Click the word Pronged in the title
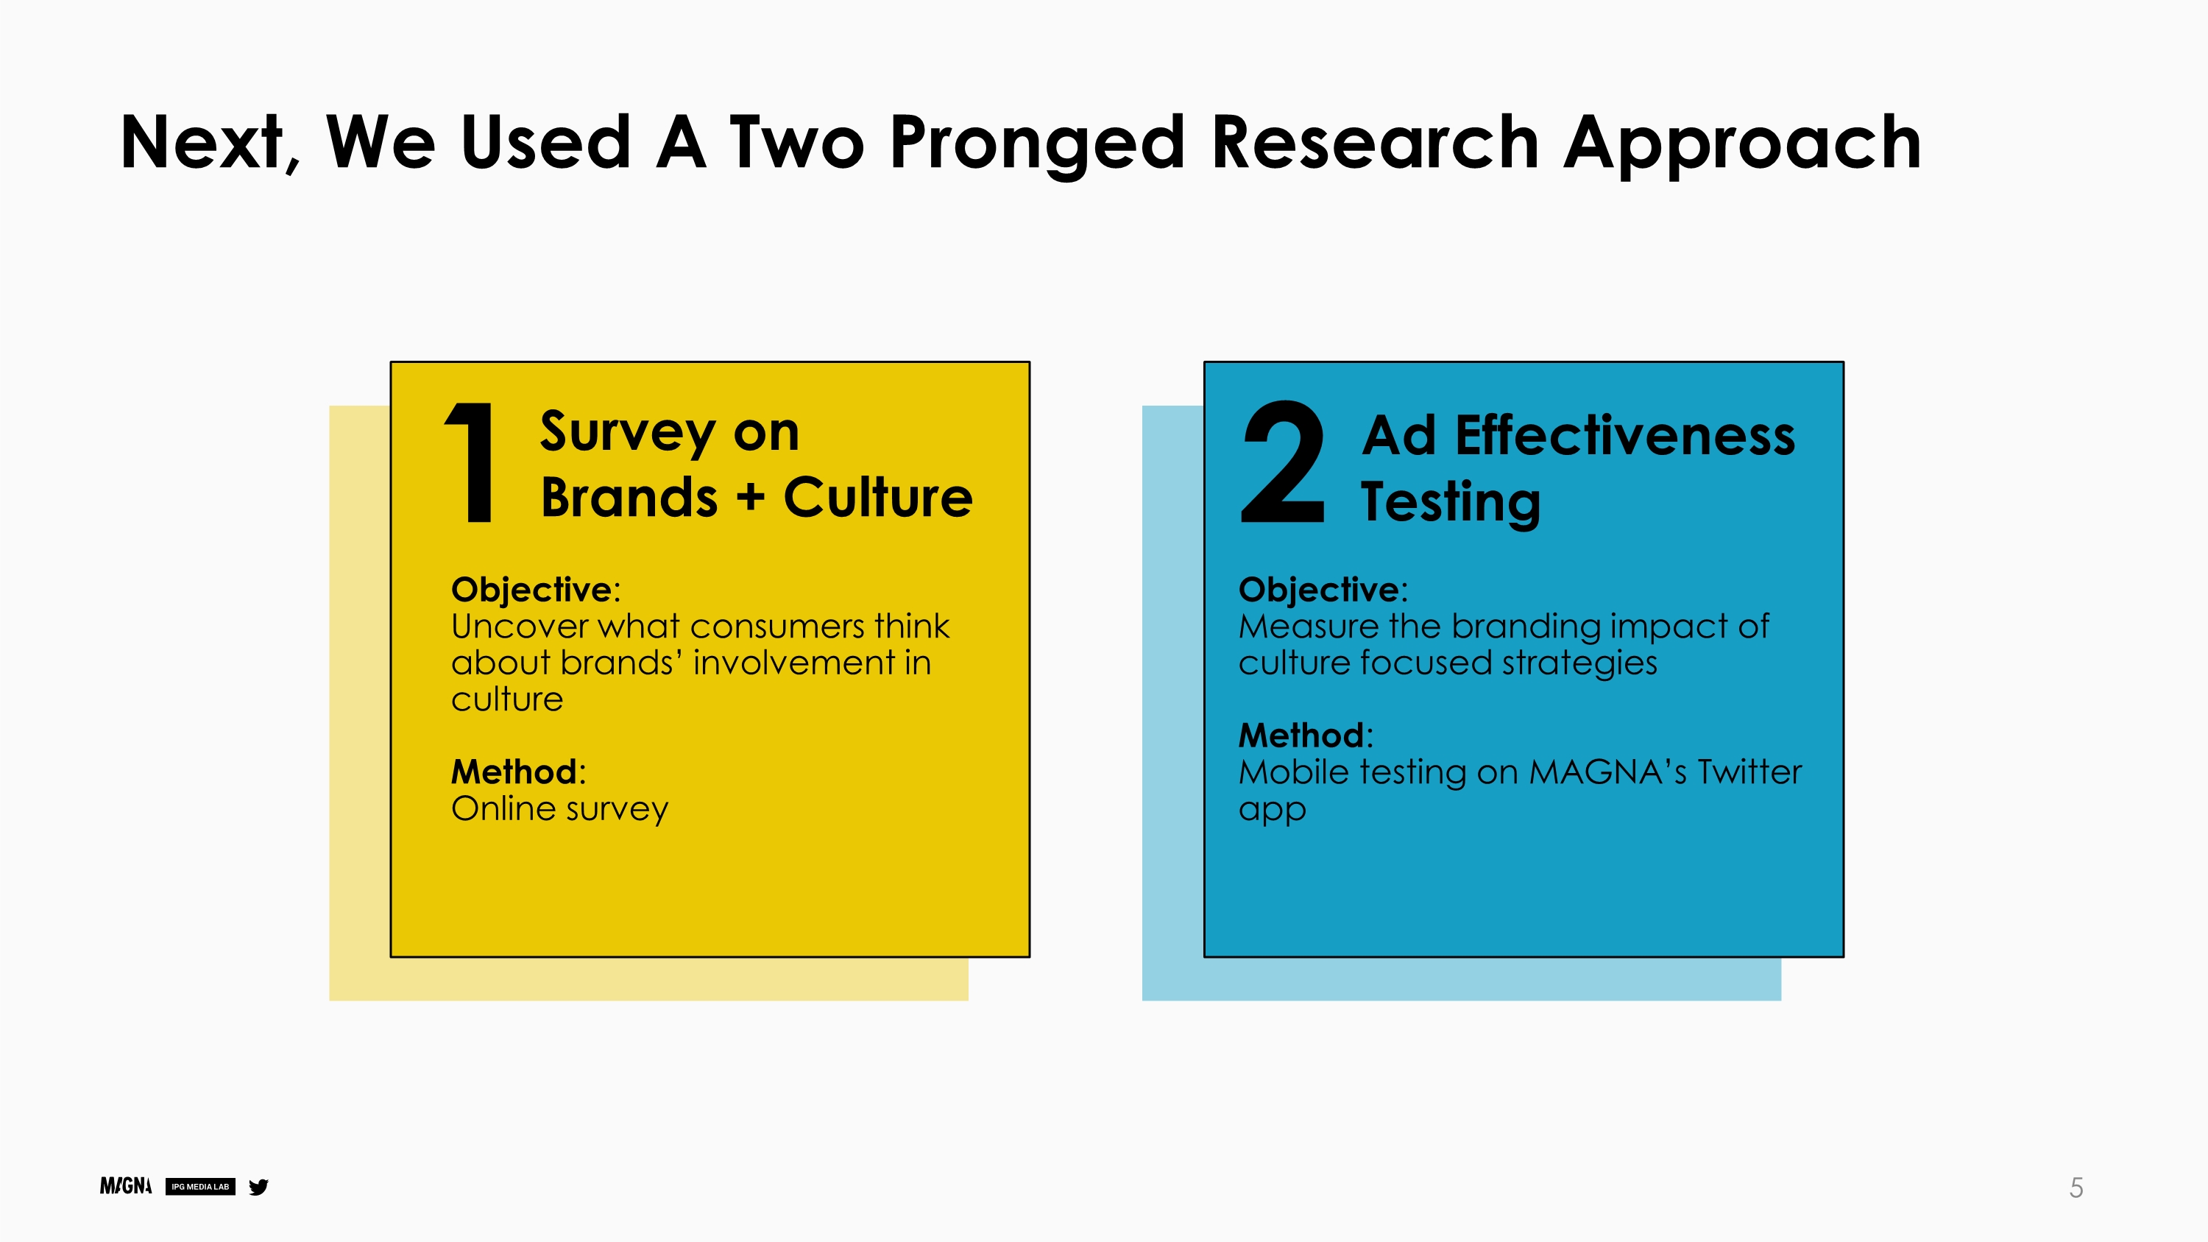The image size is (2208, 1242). coord(1037,144)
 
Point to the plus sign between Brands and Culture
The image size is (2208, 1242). coord(750,497)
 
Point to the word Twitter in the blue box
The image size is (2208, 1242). coord(1749,772)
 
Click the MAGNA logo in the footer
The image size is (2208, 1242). coord(126,1186)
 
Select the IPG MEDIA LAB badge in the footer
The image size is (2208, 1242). coord(201,1187)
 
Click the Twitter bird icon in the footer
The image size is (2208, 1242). coord(258,1187)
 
